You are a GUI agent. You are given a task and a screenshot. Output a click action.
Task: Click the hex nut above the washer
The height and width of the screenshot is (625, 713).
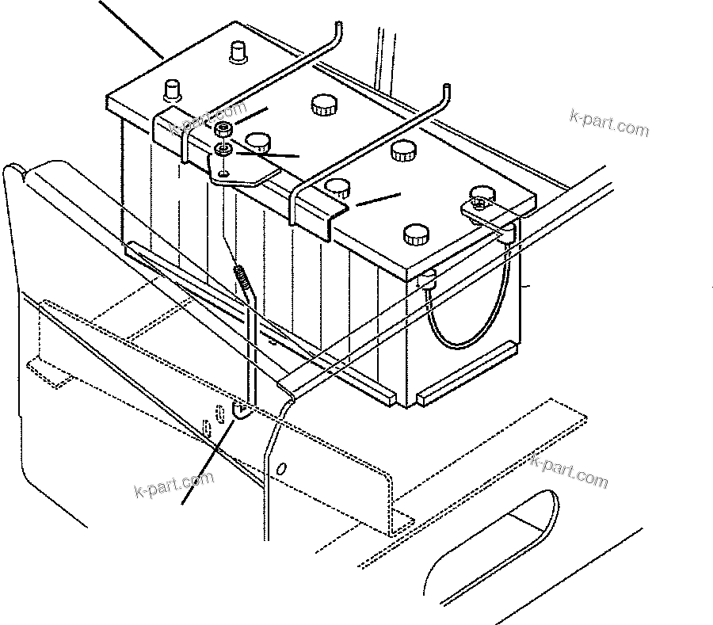(224, 128)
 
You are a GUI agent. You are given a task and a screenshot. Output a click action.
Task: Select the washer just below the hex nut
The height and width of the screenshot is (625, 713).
(223, 148)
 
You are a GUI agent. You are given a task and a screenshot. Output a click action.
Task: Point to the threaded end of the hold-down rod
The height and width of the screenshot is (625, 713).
(242, 278)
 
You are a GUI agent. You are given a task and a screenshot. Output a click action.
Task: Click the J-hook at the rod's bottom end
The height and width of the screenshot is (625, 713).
(240, 409)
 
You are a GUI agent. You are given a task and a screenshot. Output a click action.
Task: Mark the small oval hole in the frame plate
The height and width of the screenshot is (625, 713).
(208, 427)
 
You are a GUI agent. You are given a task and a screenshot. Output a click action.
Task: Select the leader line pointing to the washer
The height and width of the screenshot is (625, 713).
(269, 153)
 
